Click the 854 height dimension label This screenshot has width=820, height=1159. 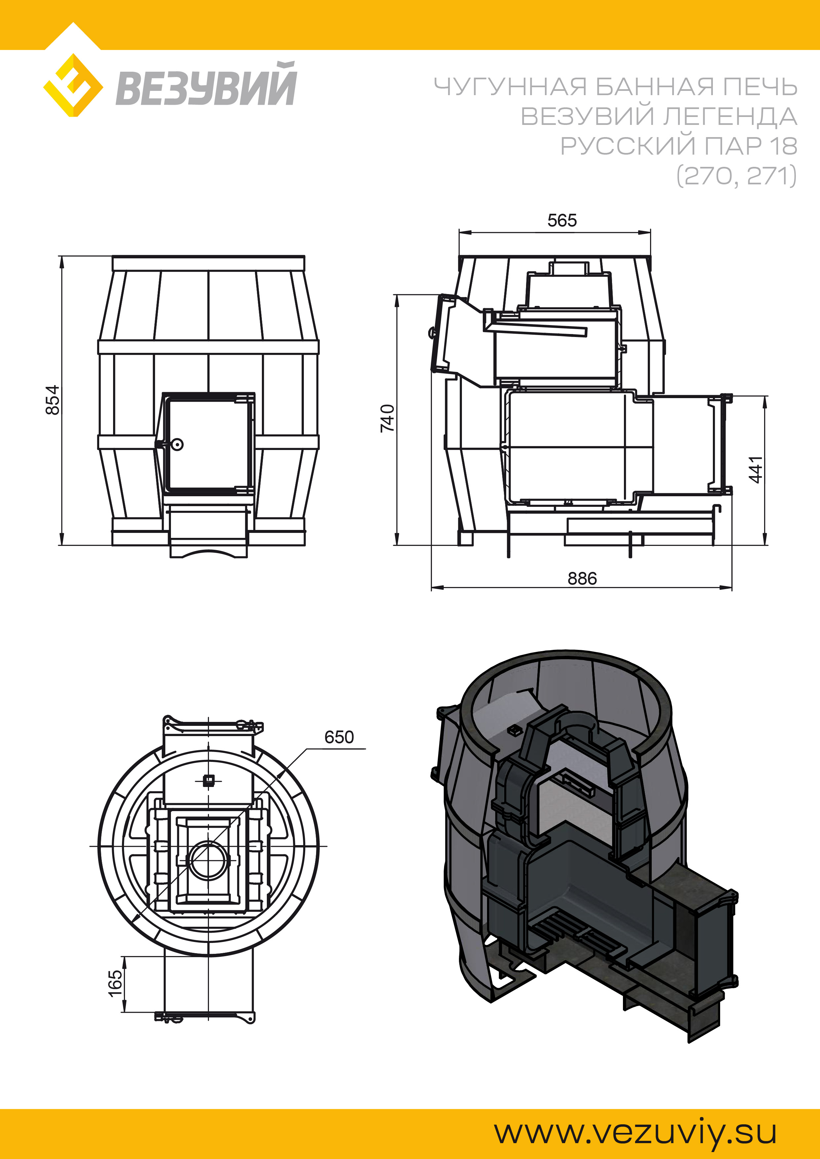pos(53,400)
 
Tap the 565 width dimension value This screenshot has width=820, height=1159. pos(562,221)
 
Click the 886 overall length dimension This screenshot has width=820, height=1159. pos(582,579)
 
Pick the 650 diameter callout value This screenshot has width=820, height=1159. pos(339,737)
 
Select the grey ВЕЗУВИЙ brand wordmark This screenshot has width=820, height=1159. pos(206,84)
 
